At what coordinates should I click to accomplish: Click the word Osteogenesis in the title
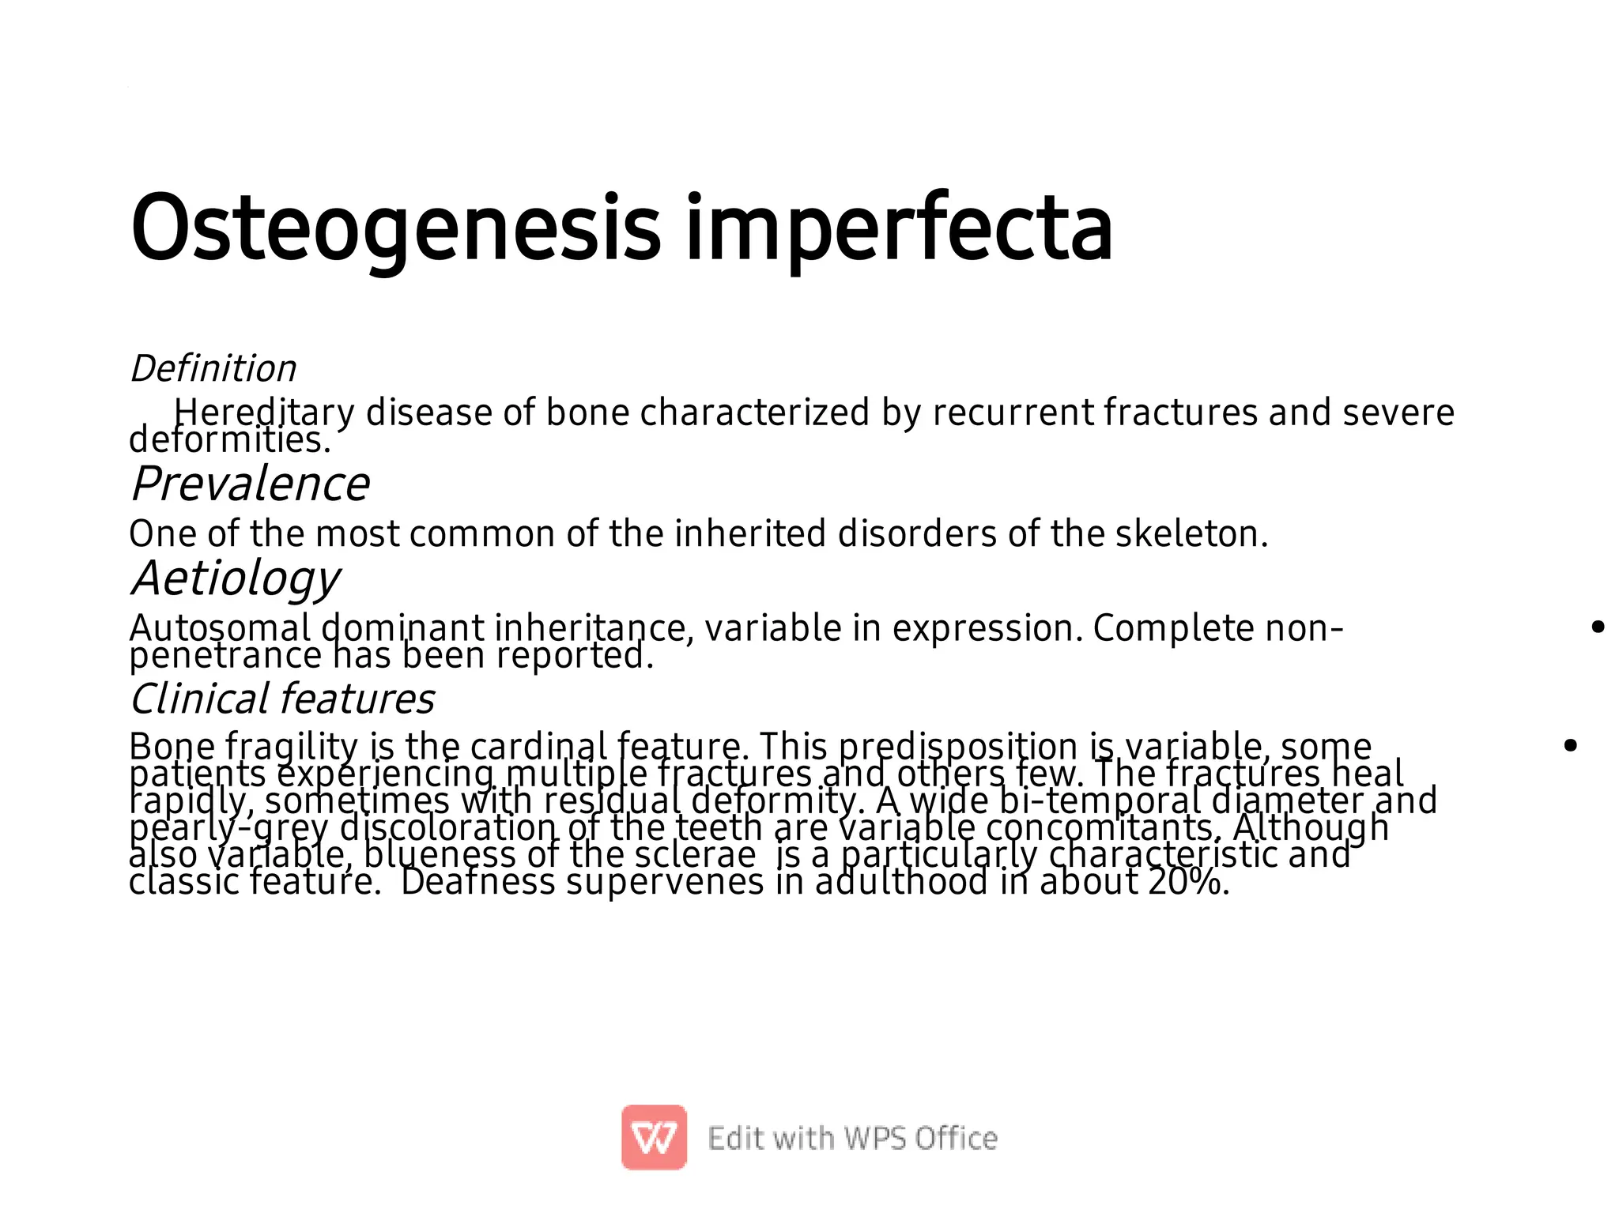click(395, 229)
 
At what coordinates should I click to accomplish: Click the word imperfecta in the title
click(899, 229)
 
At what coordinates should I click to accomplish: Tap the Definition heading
click(213, 369)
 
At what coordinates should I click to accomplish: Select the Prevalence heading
click(250, 484)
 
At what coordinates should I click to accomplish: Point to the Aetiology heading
click(236, 578)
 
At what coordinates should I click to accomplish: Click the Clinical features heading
click(282, 699)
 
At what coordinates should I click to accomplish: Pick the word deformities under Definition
click(229, 440)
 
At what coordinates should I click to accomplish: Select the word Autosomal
click(220, 629)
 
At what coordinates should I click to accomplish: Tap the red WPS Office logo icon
click(654, 1137)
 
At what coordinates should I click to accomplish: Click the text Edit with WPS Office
click(852, 1139)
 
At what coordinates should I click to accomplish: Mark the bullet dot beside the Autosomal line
click(1598, 627)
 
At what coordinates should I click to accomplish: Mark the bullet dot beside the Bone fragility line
click(1571, 745)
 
